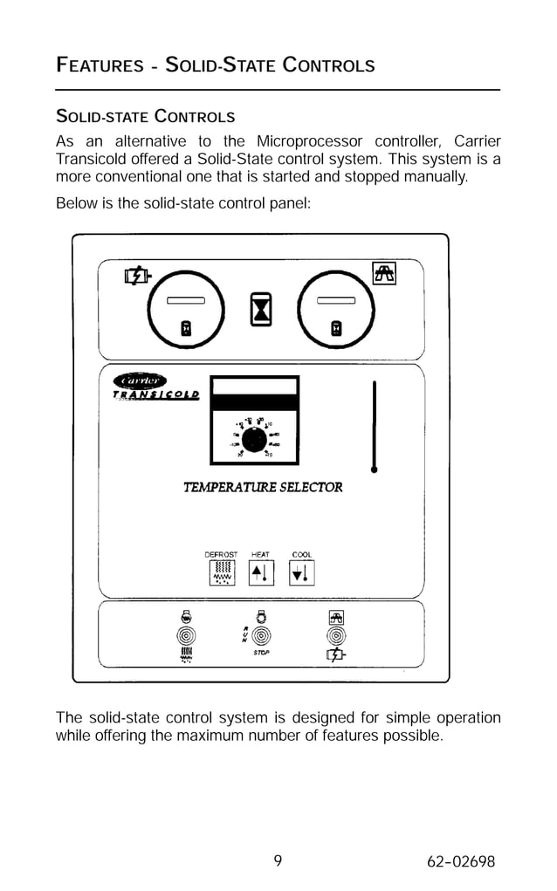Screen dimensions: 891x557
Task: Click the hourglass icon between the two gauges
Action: click(x=261, y=308)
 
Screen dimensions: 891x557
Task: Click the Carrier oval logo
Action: click(x=141, y=380)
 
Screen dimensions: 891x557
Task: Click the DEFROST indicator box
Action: click(x=221, y=572)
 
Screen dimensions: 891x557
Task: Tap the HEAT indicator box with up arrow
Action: click(x=260, y=572)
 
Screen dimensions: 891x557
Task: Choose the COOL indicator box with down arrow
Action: click(x=302, y=572)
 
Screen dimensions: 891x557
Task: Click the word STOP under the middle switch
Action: click(x=260, y=653)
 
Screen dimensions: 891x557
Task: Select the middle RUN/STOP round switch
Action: click(x=260, y=635)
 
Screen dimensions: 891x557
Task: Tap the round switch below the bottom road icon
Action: click(x=335, y=635)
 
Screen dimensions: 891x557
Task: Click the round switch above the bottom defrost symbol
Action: click(x=185, y=635)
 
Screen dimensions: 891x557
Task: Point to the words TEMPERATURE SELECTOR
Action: click(x=263, y=487)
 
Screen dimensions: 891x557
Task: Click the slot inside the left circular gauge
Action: click(x=186, y=300)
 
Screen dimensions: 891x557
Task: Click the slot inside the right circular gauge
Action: click(x=336, y=300)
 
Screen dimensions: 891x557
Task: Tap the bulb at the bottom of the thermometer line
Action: click(x=375, y=469)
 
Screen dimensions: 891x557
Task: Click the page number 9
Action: click(x=278, y=861)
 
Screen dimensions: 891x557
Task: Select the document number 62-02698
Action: click(x=461, y=862)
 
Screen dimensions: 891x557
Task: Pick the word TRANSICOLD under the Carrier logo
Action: click(x=156, y=394)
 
